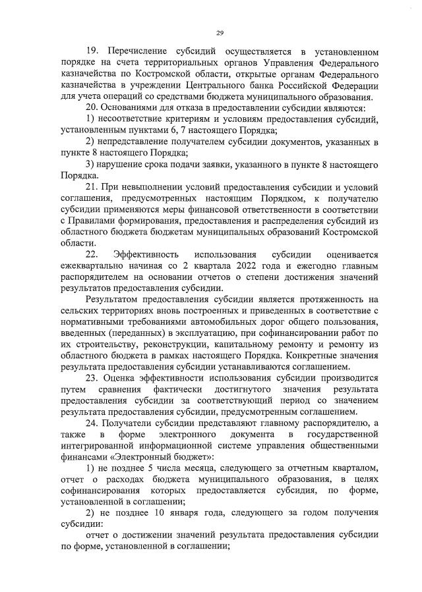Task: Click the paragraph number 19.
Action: (93, 51)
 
